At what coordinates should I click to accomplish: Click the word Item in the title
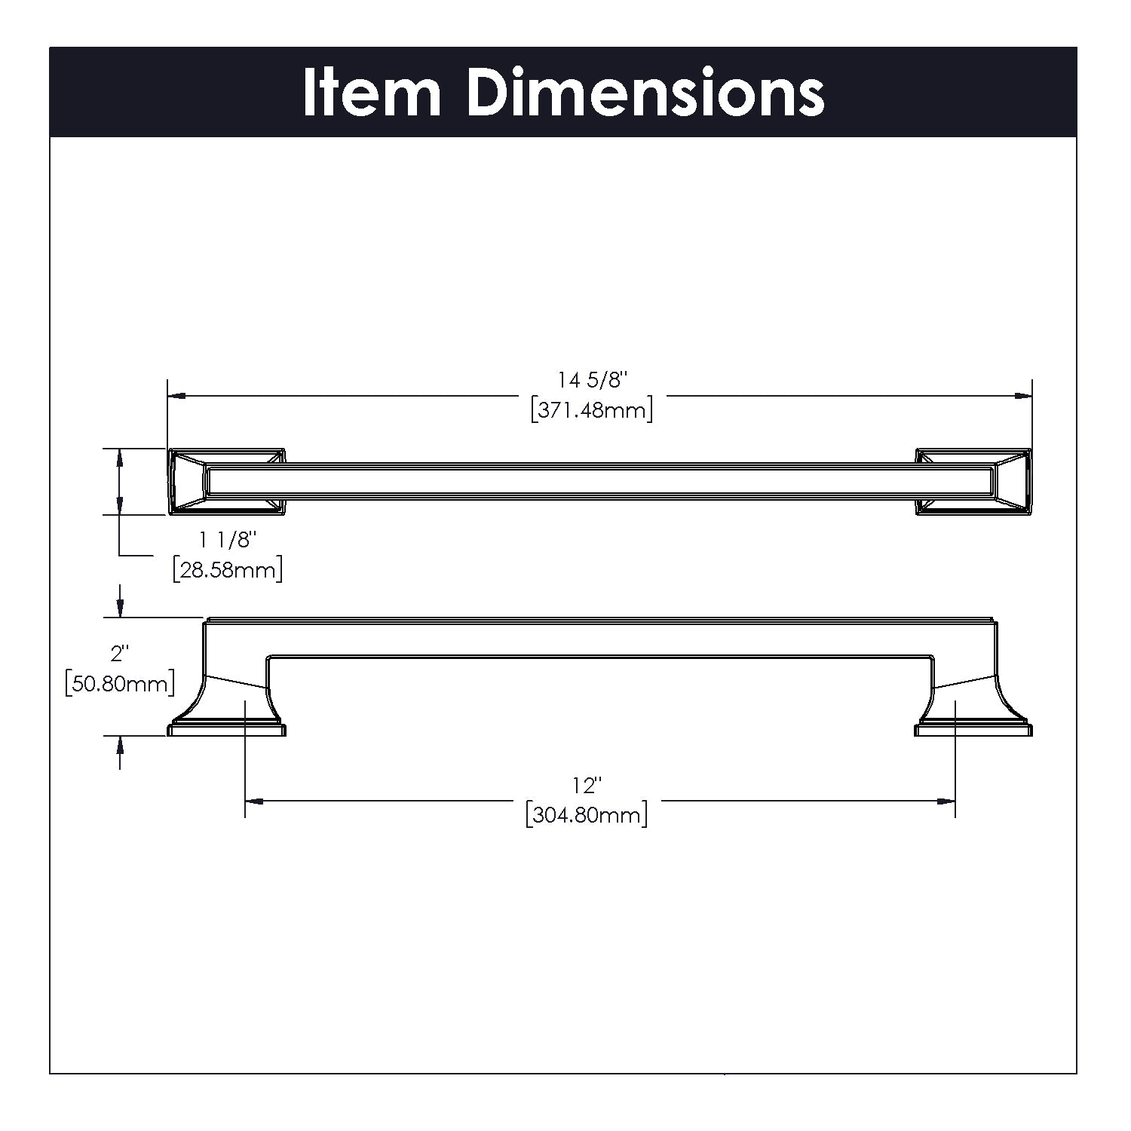pyautogui.click(x=372, y=93)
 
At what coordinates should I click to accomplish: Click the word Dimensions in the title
pyautogui.click(x=645, y=93)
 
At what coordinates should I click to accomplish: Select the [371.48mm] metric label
pyautogui.click(x=592, y=410)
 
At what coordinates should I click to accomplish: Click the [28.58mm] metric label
pyautogui.click(x=228, y=569)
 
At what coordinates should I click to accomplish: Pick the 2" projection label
pyautogui.click(x=117, y=653)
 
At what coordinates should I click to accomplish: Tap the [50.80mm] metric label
pyautogui.click(x=120, y=683)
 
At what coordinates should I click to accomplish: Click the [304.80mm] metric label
pyautogui.click(x=587, y=815)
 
